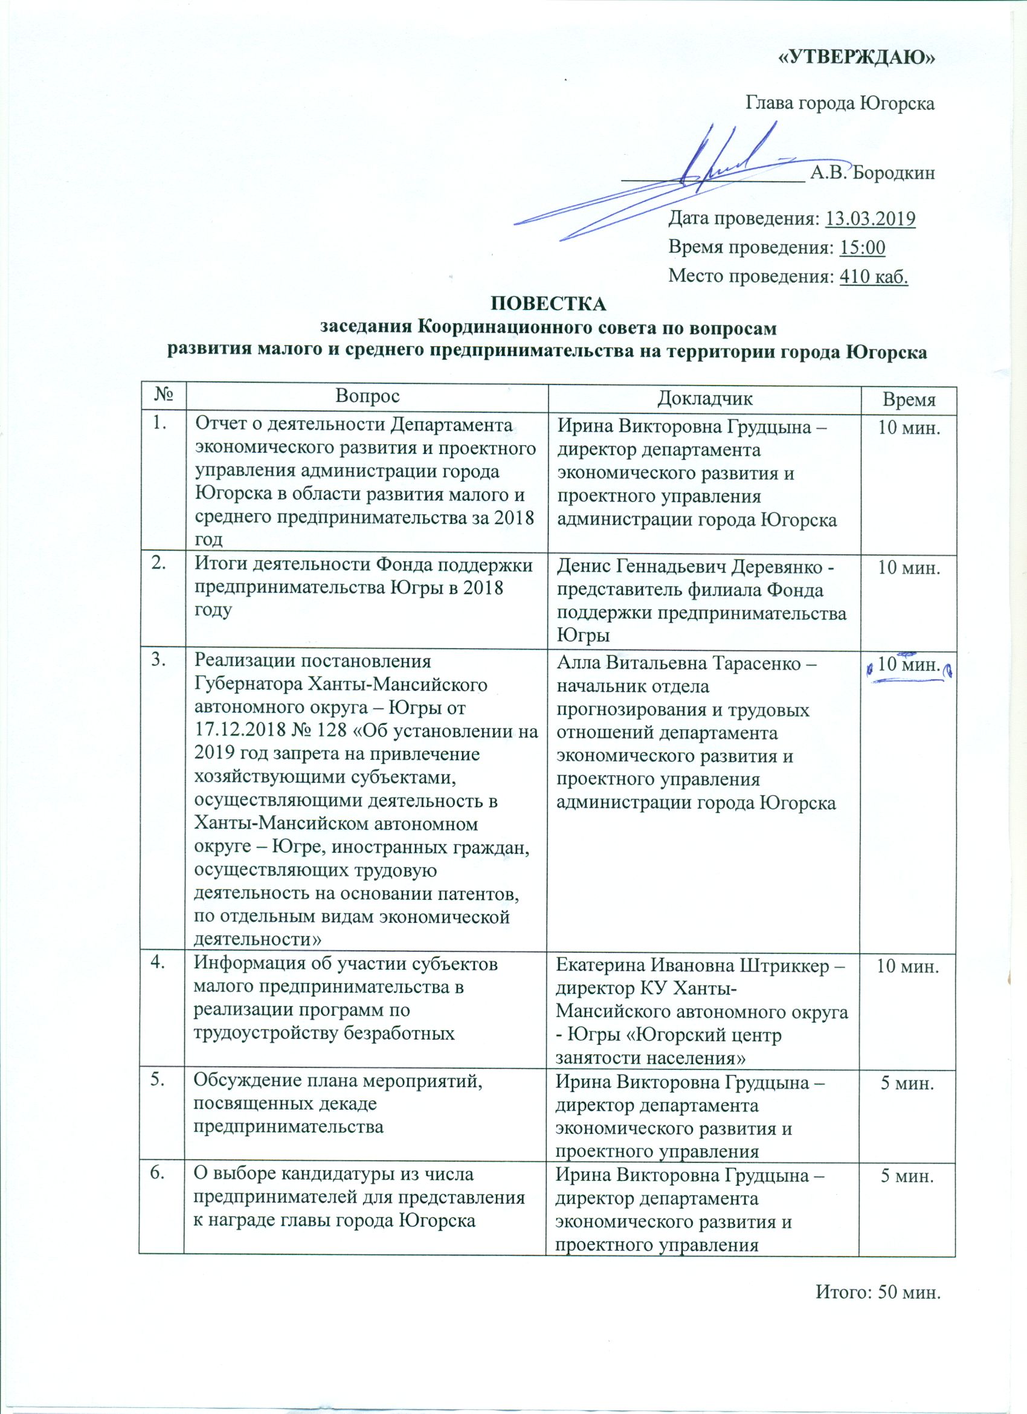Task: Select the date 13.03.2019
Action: pos(870,219)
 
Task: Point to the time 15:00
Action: pos(863,248)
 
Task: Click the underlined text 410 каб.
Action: pos(874,276)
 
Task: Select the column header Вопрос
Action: pos(368,397)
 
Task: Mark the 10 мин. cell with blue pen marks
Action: pos(907,666)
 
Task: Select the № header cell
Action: pos(161,397)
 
